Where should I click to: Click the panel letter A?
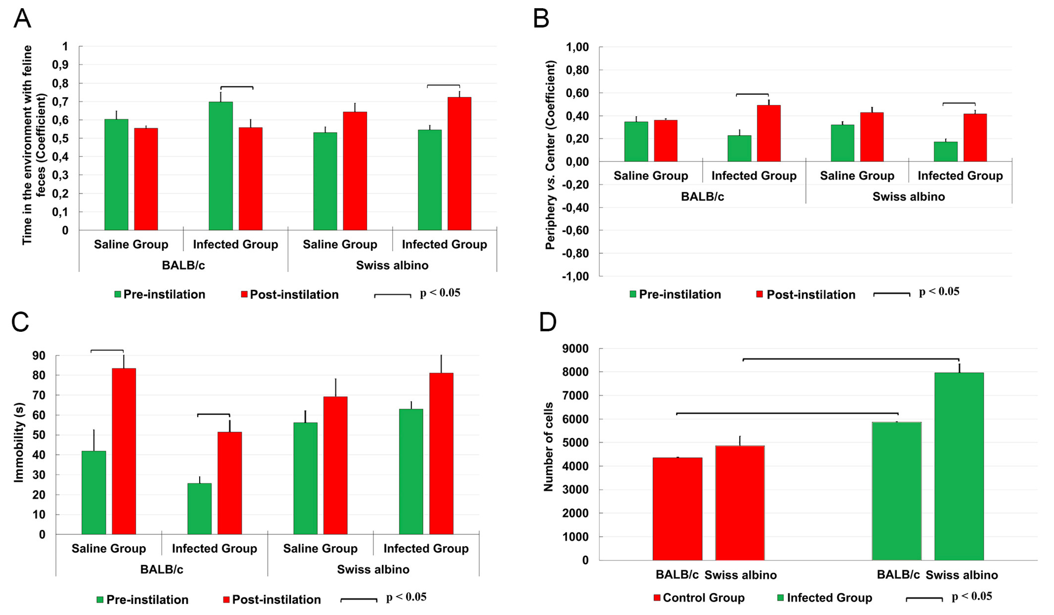[22, 19]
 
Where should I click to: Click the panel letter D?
[547, 322]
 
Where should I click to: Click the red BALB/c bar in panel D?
[677, 509]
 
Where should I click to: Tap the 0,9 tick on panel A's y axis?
[60, 65]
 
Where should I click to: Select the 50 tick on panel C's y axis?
[39, 435]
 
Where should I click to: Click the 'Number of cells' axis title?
[548, 447]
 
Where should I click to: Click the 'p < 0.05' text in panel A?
[440, 293]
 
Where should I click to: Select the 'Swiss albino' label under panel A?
[392, 265]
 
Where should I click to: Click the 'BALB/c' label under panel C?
[162, 569]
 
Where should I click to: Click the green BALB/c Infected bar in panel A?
[221, 166]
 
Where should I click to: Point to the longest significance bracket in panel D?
[851, 359]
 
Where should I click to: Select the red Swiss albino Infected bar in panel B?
[975, 138]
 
